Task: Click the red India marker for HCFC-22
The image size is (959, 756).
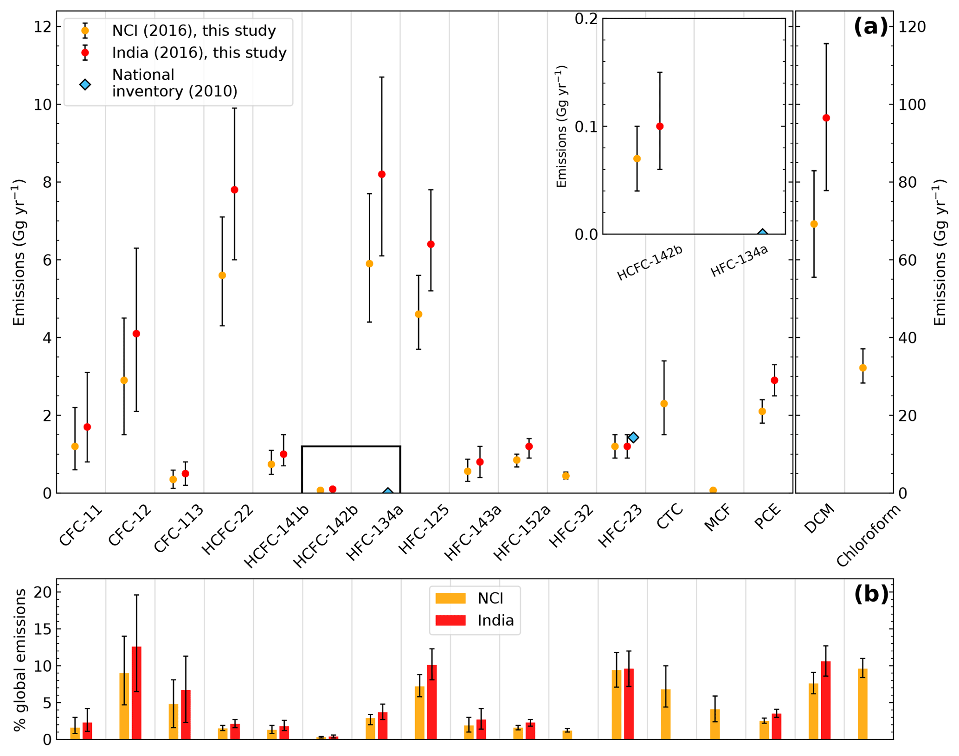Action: (x=234, y=190)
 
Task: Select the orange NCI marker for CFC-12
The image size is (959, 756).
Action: (x=124, y=380)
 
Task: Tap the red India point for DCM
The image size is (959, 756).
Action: (x=826, y=118)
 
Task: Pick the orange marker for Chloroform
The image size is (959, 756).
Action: (x=862, y=368)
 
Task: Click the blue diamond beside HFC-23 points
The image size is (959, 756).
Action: (x=633, y=437)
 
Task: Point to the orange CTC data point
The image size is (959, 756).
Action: (x=664, y=403)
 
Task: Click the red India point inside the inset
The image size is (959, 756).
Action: (x=660, y=126)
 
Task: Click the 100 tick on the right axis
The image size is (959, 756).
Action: (x=912, y=104)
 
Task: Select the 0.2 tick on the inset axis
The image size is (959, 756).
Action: (x=586, y=19)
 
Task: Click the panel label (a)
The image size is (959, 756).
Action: (x=870, y=26)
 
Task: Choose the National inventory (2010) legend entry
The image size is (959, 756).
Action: (x=174, y=83)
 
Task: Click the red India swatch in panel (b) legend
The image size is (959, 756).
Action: (x=450, y=620)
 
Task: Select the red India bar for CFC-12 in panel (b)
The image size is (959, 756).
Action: (x=136, y=692)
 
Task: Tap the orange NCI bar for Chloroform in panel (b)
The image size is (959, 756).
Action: (x=862, y=704)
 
